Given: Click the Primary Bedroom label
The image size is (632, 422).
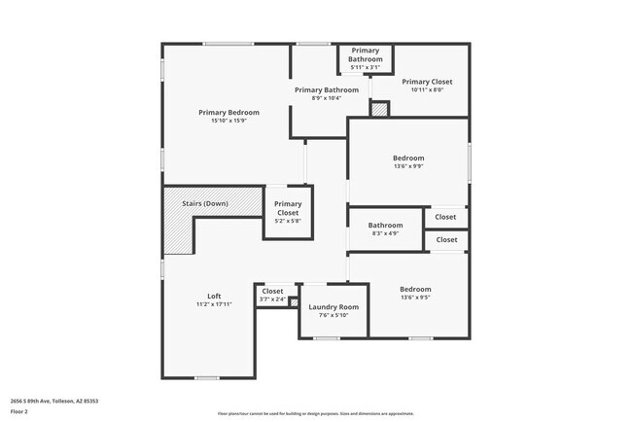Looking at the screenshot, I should [x=228, y=112].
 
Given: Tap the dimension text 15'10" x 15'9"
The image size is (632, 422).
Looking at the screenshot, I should [x=228, y=121].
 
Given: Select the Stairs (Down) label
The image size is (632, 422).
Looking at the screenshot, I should [x=204, y=203].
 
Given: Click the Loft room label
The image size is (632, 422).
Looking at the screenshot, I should [x=214, y=296].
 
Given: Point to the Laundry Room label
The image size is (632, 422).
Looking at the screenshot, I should [x=334, y=306].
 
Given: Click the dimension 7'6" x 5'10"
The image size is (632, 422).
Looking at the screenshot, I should [x=334, y=315].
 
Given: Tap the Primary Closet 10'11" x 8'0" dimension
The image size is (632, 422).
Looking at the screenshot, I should [x=427, y=90].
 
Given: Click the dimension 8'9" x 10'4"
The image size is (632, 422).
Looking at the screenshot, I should [x=319, y=98].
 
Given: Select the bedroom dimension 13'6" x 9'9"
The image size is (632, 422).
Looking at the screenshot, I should [x=408, y=166].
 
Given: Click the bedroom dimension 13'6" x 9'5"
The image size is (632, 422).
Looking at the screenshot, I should [x=415, y=298].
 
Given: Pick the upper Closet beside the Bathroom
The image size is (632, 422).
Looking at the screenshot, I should [x=445, y=217].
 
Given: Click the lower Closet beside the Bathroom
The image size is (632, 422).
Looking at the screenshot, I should [x=446, y=239].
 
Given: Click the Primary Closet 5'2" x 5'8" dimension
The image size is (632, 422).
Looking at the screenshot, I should [x=288, y=221].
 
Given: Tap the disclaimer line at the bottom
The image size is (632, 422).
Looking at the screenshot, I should [x=315, y=412].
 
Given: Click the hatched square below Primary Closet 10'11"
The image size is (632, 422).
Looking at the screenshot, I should [x=379, y=110].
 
